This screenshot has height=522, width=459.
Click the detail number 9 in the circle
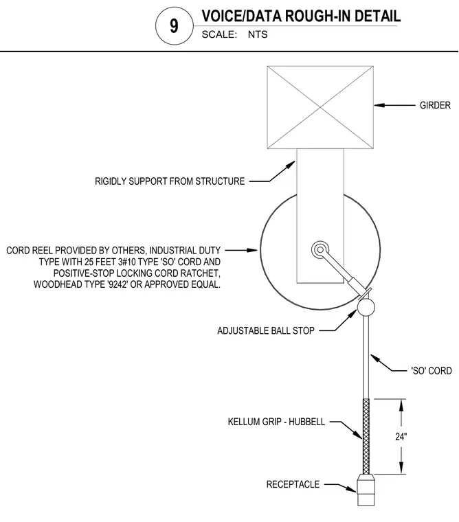tap(174, 25)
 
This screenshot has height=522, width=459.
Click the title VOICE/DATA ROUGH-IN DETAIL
tap(301, 16)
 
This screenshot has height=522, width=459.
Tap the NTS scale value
tap(258, 34)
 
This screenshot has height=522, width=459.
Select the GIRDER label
tap(435, 105)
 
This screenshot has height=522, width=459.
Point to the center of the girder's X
tap(320, 107)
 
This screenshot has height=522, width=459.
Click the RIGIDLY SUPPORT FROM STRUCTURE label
tap(170, 181)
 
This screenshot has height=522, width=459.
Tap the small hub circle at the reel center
tap(320, 249)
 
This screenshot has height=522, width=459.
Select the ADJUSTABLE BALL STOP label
tap(266, 330)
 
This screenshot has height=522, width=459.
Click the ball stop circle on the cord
tap(366, 307)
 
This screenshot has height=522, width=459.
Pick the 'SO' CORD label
tap(432, 370)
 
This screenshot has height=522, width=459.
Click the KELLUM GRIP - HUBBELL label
tap(276, 422)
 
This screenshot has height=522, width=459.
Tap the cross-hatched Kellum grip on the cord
tap(366, 436)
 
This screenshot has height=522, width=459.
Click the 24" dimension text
tap(401, 436)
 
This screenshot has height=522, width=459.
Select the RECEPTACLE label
tap(293, 484)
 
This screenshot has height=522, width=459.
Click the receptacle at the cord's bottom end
tap(366, 490)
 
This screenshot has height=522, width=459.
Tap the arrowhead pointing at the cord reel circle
tap(252, 250)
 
